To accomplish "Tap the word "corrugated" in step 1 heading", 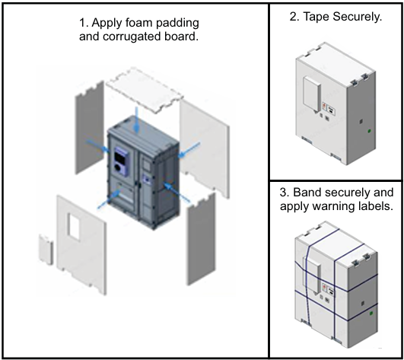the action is pyautogui.click(x=132, y=37).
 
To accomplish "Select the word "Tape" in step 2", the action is pyautogui.click(x=316, y=17).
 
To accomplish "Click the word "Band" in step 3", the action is pyautogui.click(x=307, y=193).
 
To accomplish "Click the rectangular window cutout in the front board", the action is pyautogui.click(x=74, y=227).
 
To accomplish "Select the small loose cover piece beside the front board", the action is pyautogui.click(x=46, y=250).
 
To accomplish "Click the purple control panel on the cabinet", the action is pyautogui.click(x=121, y=161).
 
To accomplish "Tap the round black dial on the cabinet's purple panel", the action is pyautogui.click(x=118, y=167).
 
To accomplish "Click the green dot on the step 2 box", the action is pyautogui.click(x=369, y=131).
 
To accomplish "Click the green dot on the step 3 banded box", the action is pyautogui.click(x=371, y=314).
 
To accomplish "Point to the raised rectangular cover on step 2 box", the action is pyautogui.click(x=312, y=94).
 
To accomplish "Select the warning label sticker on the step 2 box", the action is pyautogui.click(x=329, y=108).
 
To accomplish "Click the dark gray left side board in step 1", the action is pyautogui.click(x=89, y=128).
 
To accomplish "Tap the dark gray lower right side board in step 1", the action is pyautogui.click(x=201, y=239).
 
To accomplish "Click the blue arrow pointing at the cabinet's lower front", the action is pyautogui.click(x=110, y=199).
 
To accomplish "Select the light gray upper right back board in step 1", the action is pyautogui.click(x=205, y=148).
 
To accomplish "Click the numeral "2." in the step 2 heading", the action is pyautogui.click(x=294, y=17).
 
